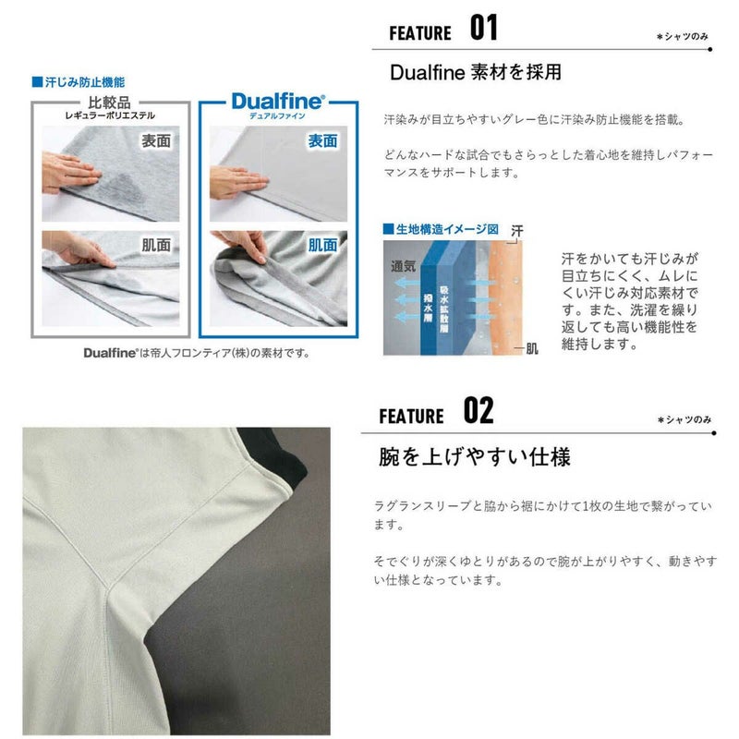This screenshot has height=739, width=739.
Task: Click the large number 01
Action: pos(483,28)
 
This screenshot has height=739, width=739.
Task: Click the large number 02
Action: pos(479,410)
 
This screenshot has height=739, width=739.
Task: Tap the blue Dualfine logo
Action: pos(278,102)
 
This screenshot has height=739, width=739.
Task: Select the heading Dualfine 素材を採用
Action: pos(476,72)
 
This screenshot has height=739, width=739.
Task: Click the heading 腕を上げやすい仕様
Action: pos(475,456)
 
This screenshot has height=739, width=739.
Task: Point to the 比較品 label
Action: pos(109,102)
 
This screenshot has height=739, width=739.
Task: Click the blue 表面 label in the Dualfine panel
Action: pos(322,140)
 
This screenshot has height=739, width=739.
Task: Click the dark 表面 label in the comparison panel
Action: pos(156,140)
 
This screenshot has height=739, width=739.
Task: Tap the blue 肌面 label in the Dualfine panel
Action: pos(322,245)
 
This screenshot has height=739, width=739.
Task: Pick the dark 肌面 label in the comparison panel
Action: pos(156,245)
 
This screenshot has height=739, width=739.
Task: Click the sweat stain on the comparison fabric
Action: pos(127,189)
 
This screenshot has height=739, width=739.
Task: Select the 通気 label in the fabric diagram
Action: pos(403,266)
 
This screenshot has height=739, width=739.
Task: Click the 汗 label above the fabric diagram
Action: pos(517,231)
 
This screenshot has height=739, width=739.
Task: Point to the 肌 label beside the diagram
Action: pos(532,349)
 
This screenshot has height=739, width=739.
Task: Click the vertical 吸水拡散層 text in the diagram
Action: pos(444,309)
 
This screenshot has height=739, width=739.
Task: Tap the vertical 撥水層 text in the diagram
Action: pos(428,309)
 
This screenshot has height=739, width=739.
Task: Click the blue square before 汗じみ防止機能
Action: pos(37,82)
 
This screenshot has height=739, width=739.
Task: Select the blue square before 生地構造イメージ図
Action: pos(388,229)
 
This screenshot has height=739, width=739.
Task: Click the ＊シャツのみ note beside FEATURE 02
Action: pos(684,419)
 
